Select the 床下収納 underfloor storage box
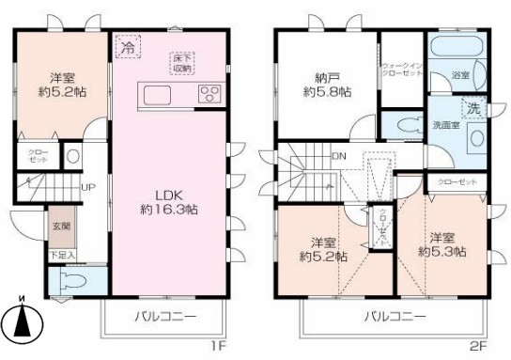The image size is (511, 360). pos(182,62)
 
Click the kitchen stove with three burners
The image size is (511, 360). pos(209,94)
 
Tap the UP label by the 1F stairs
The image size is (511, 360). pos(87,187)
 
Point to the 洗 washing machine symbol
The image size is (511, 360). pos(474,108)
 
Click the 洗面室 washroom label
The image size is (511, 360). pos(445,125)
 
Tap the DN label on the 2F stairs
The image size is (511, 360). pos(339,156)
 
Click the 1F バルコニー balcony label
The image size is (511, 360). pos(164,318)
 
